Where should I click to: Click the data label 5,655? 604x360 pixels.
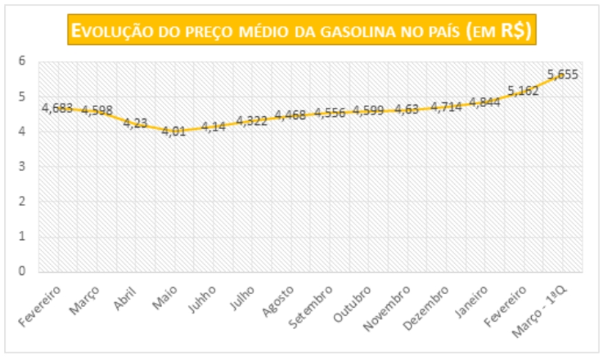tap(563, 75)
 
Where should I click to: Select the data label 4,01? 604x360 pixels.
tap(175, 131)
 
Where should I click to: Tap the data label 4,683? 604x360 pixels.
tap(57, 108)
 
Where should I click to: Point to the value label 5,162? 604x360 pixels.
tap(524, 90)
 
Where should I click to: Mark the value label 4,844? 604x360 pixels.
tap(486, 102)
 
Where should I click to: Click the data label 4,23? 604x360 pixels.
tap(135, 123)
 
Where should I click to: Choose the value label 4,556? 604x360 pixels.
tap(331, 113)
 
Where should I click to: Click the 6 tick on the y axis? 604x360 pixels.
tap(22, 61)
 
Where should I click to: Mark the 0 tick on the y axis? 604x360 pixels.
tap(22, 271)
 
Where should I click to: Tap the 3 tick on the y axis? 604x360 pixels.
tap(22, 166)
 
